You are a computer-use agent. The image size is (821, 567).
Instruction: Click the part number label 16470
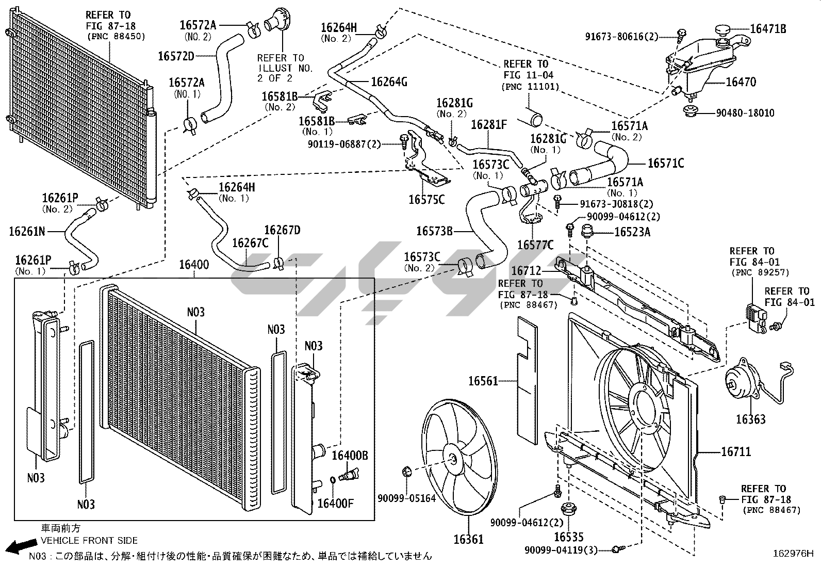(x=741, y=82)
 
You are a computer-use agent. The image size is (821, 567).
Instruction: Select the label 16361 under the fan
(x=468, y=540)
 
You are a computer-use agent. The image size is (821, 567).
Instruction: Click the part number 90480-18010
(x=745, y=113)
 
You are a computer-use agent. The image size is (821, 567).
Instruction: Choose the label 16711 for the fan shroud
(x=736, y=452)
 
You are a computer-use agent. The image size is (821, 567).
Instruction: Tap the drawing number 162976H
(x=793, y=554)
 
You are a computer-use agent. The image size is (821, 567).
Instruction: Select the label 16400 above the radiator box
(x=194, y=265)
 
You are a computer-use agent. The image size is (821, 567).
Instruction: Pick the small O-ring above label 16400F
(x=333, y=480)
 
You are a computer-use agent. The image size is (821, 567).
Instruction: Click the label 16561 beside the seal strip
(x=483, y=381)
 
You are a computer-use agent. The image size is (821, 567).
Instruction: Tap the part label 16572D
(x=176, y=56)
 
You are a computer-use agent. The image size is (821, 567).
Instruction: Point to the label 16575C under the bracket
(x=426, y=200)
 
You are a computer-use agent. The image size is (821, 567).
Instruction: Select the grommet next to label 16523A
(x=587, y=231)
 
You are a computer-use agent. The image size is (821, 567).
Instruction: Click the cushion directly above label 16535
(x=568, y=510)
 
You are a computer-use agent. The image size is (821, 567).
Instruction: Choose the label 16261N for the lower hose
(x=27, y=232)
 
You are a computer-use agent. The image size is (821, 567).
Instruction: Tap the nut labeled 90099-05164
(x=407, y=471)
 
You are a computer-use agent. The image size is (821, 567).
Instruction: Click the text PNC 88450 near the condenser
(x=116, y=37)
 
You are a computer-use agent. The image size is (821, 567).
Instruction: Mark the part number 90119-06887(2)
(x=344, y=144)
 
